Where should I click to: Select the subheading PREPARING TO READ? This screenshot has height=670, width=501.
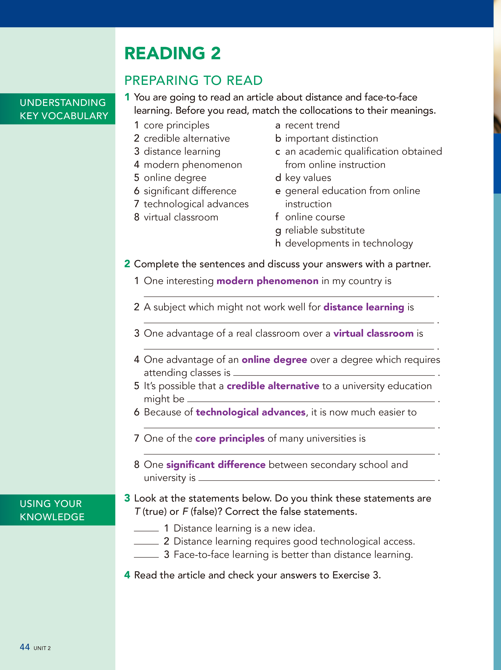[x=193, y=80]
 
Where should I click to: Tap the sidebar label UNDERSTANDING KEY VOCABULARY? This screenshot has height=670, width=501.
[x=64, y=109]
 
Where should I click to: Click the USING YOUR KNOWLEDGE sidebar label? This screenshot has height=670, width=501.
[x=52, y=510]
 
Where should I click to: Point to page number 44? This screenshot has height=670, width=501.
[x=25, y=647]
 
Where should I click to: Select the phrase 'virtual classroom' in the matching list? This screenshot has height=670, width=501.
[x=181, y=217]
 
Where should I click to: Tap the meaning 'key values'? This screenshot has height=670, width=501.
[x=308, y=178]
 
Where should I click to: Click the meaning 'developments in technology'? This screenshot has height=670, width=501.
[x=349, y=244]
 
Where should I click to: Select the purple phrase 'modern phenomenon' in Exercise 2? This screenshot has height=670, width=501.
[x=267, y=281]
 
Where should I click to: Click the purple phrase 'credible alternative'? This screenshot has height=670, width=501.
[x=273, y=386]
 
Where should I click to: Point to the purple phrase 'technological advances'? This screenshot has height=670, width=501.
[x=250, y=412]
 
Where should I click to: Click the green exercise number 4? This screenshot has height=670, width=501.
[x=127, y=575]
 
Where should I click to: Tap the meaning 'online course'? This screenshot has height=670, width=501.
[x=315, y=217]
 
